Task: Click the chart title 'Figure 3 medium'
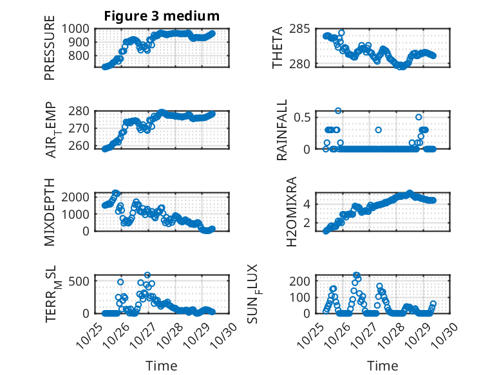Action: [162, 16]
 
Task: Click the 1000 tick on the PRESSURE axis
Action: [79, 29]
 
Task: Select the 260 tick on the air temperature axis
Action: [82, 146]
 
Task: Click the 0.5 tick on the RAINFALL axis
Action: [303, 117]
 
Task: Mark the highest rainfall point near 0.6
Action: [338, 111]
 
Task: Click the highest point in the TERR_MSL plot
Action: [147, 275]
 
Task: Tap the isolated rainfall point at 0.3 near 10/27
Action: [379, 130]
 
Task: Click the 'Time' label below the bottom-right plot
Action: [383, 365]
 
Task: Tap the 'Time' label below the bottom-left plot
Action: [161, 365]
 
